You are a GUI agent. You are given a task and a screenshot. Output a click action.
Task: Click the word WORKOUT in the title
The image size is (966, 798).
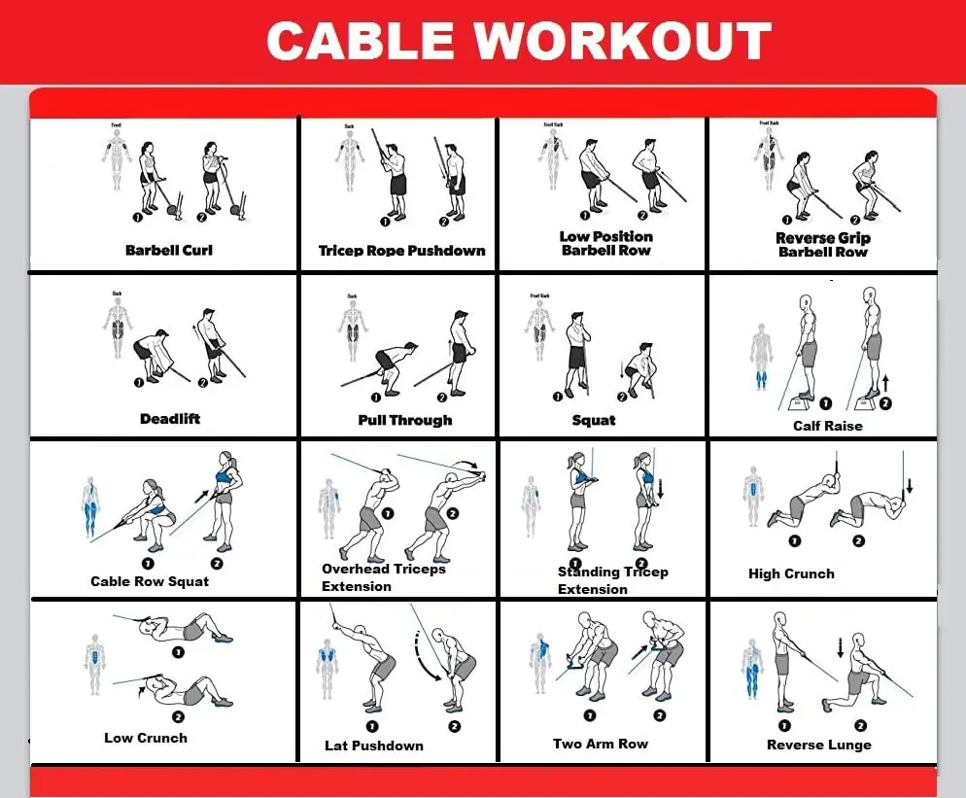[x=622, y=42]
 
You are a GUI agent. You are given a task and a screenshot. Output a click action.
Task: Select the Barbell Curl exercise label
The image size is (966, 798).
[x=169, y=250]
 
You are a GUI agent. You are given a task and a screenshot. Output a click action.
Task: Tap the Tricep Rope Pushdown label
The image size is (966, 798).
[x=401, y=250]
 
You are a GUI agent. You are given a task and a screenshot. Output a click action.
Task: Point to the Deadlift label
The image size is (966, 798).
[x=169, y=419]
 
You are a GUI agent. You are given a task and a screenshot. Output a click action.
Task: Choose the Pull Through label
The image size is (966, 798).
[x=405, y=420]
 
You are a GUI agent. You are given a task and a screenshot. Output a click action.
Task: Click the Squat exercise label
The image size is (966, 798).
[x=594, y=420]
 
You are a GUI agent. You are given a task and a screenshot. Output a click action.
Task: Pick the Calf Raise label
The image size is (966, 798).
[x=827, y=425]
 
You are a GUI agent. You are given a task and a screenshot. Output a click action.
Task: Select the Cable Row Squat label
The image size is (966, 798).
[x=150, y=581]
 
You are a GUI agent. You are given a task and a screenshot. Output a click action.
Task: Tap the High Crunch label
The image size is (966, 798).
[x=791, y=573]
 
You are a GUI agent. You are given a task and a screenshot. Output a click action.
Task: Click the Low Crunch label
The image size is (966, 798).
[x=146, y=738]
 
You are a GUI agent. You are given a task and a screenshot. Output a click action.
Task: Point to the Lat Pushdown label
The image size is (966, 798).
[x=374, y=746]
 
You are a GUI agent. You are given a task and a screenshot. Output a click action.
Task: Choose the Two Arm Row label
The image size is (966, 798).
[x=601, y=744]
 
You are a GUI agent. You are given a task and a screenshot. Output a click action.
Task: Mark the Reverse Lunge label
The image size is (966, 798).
[x=819, y=745]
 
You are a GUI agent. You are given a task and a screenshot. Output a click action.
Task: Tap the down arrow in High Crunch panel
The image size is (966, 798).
[x=911, y=485]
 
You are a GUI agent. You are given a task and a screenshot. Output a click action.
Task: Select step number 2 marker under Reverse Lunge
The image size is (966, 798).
[x=856, y=724]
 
